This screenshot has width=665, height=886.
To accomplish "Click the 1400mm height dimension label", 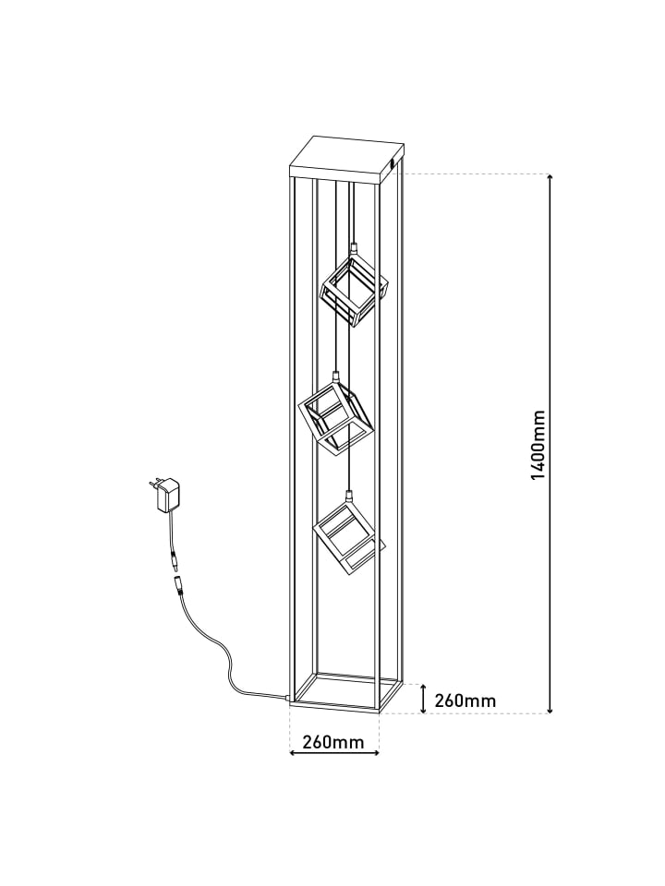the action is click(x=538, y=445).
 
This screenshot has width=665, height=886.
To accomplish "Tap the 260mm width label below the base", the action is click(x=333, y=741).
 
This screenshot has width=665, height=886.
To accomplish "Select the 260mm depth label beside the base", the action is click(x=465, y=700).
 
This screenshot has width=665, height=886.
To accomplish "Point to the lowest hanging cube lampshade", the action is click(x=349, y=538).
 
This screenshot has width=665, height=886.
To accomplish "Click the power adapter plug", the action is click(x=164, y=494).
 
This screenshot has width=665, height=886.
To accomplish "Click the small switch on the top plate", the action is click(x=393, y=164).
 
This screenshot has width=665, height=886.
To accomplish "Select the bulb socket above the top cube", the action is click(x=354, y=247).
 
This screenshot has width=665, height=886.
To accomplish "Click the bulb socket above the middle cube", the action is click(x=335, y=377).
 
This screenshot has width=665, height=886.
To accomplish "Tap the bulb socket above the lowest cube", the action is click(x=349, y=496).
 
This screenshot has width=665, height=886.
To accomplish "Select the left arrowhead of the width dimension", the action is click(x=293, y=752).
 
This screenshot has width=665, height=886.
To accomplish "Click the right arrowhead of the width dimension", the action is click(x=375, y=752).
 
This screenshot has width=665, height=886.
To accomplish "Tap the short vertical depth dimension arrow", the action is click(x=423, y=699).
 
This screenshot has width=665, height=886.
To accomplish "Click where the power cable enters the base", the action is click(x=288, y=699).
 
